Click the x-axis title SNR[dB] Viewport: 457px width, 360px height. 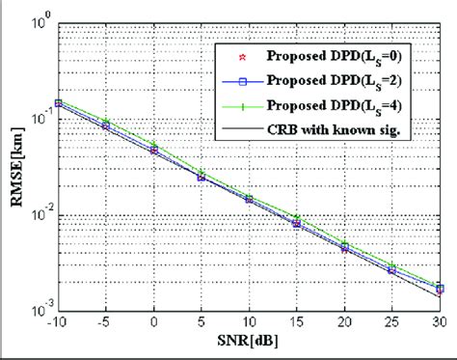coord(249,345)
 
